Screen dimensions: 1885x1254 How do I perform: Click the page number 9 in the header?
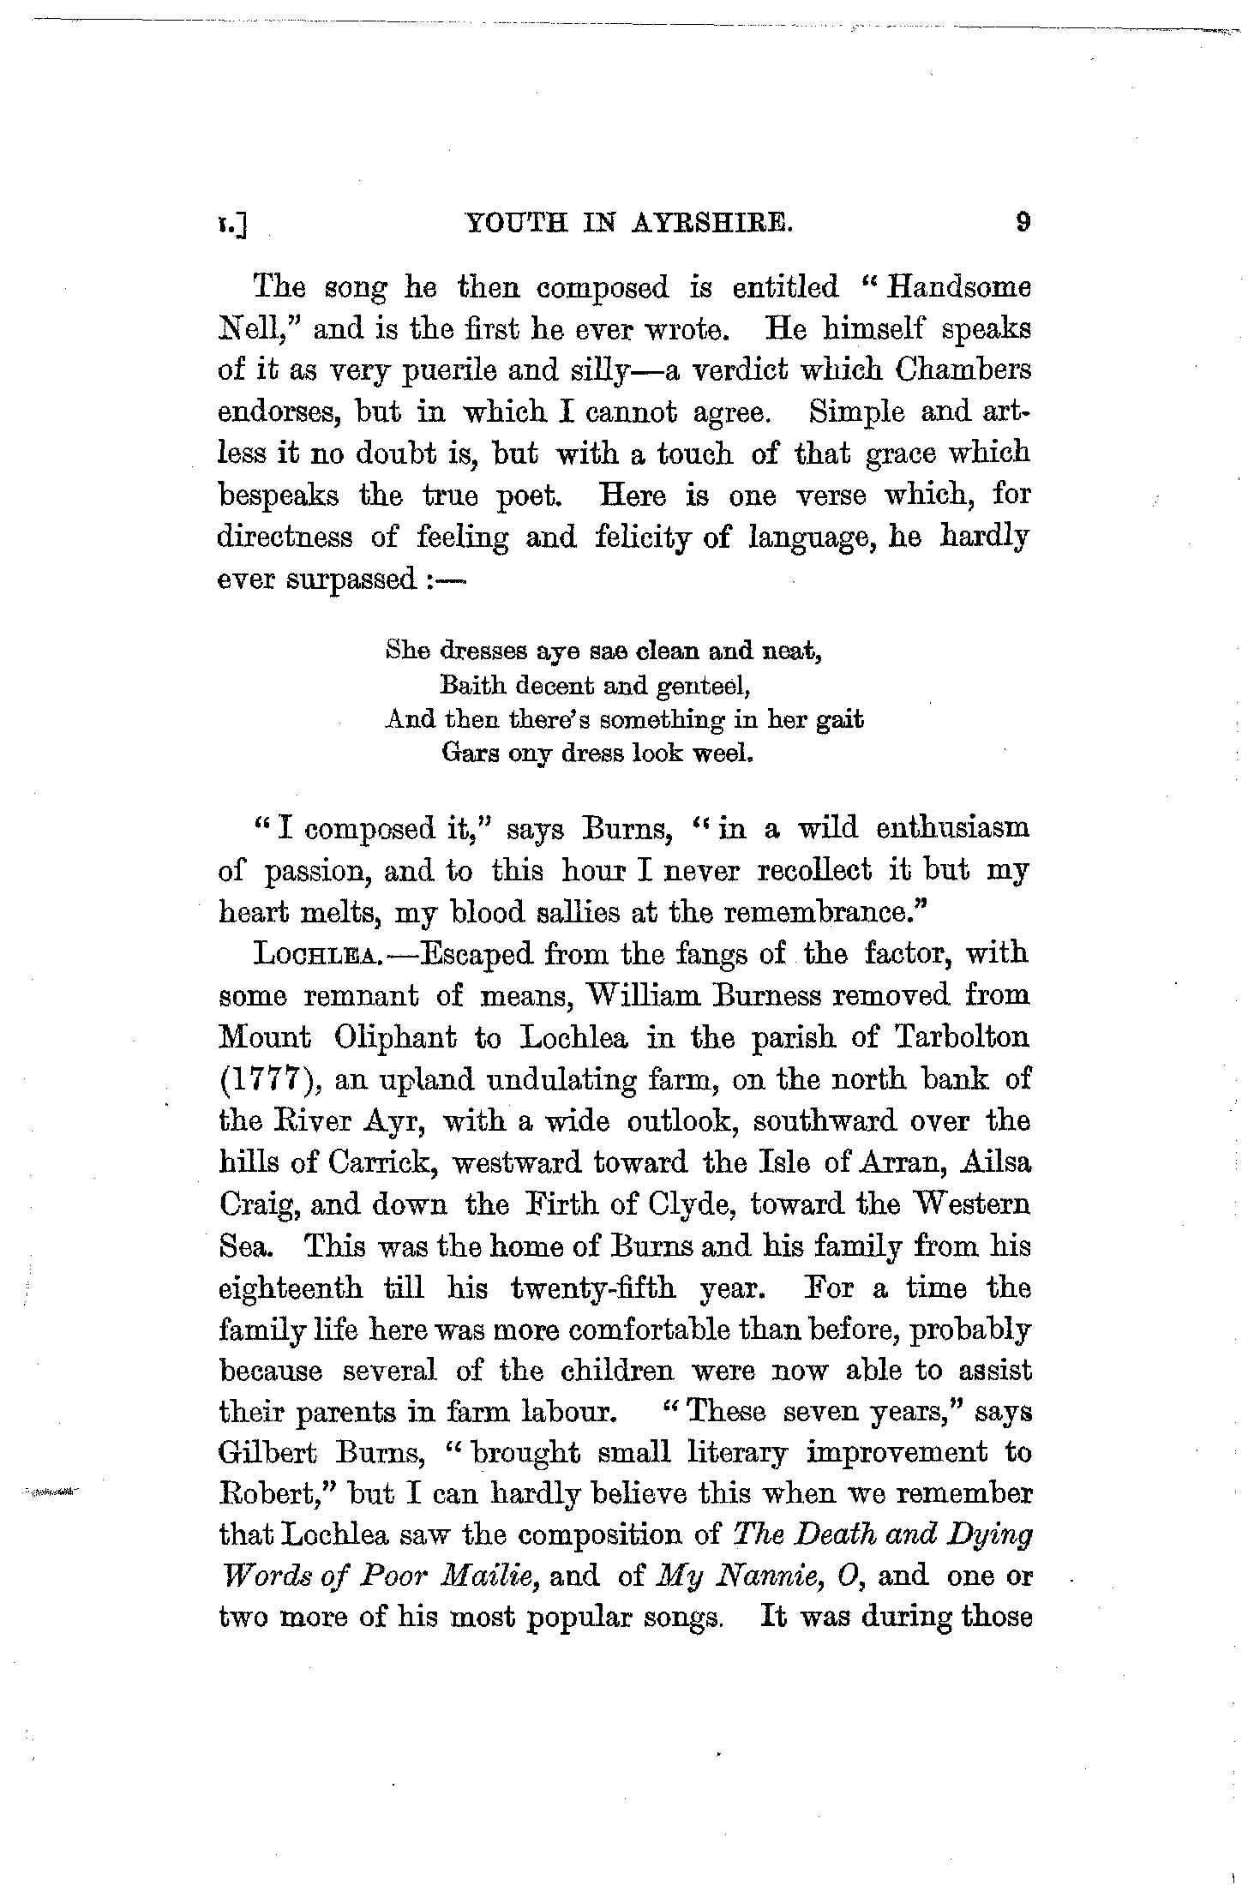tap(1022, 223)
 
